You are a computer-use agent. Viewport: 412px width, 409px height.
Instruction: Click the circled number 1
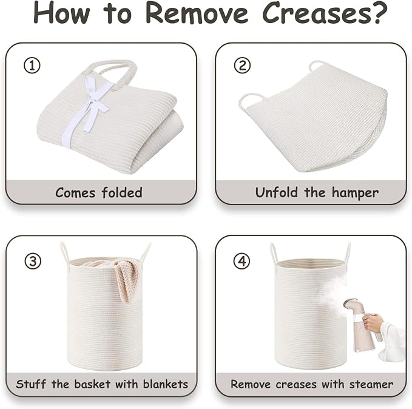32,66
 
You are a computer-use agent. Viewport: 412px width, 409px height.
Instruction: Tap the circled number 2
242,66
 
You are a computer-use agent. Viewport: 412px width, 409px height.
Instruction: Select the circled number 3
33,262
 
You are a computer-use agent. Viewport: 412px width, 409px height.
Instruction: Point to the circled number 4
242,261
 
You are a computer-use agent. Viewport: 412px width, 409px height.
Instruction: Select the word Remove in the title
197,13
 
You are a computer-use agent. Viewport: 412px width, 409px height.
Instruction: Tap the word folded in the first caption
122,192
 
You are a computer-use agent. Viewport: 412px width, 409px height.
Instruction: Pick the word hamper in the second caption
355,193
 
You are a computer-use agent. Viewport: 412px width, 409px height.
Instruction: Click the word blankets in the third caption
166,384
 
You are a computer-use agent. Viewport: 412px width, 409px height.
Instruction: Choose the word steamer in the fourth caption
371,385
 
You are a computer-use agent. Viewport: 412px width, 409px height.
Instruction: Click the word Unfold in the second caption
277,192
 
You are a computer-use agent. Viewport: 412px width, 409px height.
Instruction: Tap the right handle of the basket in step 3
145,253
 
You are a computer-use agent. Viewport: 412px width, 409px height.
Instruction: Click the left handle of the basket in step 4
274,254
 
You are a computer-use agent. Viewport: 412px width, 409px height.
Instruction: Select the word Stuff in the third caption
31,384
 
